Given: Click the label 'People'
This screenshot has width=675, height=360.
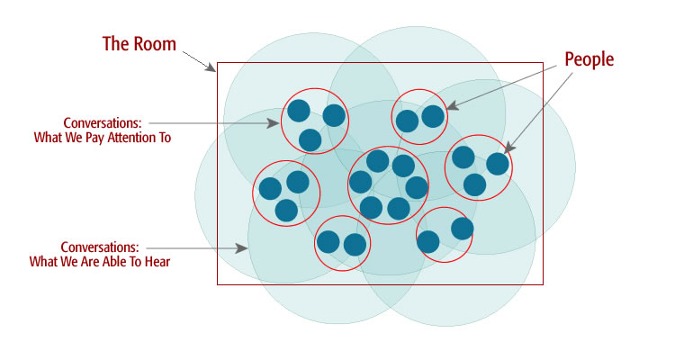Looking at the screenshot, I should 589,59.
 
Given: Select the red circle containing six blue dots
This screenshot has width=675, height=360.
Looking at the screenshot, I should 388,184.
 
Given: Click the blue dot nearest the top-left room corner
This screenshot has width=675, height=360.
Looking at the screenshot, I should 298,112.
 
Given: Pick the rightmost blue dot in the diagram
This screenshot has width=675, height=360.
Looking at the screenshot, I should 497,164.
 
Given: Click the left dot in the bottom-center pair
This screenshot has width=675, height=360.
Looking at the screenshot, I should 328,241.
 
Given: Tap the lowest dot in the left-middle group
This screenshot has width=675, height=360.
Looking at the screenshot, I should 286,211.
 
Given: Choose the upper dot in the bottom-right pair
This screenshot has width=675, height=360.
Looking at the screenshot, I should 462,228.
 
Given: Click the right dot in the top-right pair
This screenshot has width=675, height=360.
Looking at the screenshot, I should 433,116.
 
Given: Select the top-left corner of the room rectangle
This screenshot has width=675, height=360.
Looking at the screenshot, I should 218,63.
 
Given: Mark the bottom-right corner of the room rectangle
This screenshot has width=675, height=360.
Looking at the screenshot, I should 543,284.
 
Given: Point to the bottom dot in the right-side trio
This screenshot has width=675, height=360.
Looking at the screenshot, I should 474,184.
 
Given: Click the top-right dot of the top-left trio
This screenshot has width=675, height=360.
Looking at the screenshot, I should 334,115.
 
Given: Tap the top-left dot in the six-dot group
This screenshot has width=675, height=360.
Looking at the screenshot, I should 377,162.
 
